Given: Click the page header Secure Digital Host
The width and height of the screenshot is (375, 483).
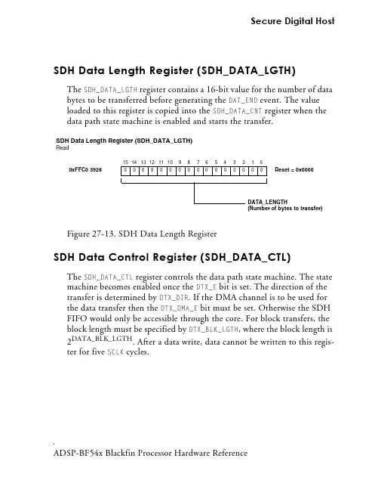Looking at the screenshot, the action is click(x=293, y=21).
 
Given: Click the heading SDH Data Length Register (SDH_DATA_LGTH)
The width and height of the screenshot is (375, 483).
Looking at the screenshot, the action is click(x=174, y=70).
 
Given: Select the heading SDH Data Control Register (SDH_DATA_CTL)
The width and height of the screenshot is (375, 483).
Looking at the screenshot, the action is click(x=172, y=257).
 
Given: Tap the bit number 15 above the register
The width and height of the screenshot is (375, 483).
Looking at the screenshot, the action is click(x=125, y=162).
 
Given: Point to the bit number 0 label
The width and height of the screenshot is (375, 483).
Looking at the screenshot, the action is click(x=261, y=162).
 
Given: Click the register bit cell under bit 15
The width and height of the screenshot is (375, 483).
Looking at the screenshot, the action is click(x=125, y=171).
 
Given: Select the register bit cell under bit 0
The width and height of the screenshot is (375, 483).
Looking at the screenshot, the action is click(x=262, y=171).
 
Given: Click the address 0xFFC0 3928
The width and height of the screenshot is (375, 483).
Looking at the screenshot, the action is click(x=85, y=170).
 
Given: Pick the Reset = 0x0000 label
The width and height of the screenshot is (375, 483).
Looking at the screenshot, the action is click(x=294, y=170).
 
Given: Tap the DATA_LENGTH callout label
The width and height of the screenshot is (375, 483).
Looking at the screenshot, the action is click(x=267, y=202).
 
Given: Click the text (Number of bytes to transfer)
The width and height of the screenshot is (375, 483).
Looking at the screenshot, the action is click(x=285, y=208).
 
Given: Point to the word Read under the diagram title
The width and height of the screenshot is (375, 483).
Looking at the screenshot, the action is click(x=63, y=148).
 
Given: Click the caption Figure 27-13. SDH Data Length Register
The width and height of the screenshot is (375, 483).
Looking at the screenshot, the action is click(x=142, y=234).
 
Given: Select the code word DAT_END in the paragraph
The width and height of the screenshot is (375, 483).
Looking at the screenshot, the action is click(x=243, y=101).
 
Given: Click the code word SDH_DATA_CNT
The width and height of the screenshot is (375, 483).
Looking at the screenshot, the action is click(x=237, y=111).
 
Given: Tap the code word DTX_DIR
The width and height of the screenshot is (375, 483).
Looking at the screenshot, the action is click(x=174, y=298).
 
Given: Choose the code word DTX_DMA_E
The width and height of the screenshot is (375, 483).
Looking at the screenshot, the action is click(x=179, y=308).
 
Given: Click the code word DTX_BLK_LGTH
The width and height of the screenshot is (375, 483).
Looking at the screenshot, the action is click(x=214, y=330).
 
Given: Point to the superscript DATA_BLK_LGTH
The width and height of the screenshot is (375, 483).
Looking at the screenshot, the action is click(x=102, y=339).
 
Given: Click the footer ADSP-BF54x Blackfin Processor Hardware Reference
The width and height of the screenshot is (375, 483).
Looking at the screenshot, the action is click(x=150, y=453).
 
